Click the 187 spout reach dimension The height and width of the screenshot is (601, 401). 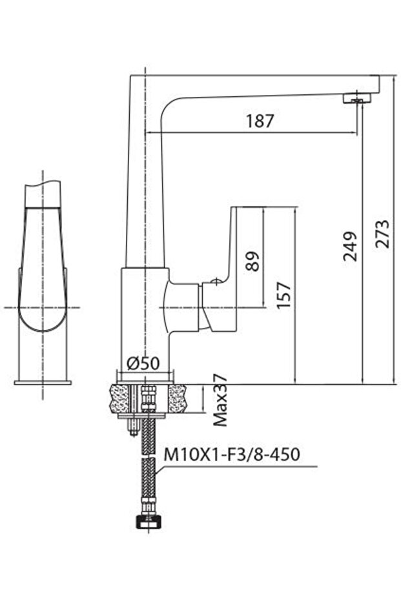260,121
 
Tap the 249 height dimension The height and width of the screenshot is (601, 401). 351,245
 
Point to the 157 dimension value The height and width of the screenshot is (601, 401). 283,296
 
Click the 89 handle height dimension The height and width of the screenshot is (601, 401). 253,260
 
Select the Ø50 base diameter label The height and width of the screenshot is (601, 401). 143,363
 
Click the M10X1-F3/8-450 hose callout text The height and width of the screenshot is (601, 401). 231,454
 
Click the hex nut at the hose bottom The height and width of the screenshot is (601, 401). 147,522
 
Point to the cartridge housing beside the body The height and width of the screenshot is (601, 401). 185,307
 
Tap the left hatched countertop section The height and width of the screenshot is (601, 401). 121,398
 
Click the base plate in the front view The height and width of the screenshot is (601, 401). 43,382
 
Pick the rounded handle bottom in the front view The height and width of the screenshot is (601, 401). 43,320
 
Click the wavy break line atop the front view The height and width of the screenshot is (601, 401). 43,186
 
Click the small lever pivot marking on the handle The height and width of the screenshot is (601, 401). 214,281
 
